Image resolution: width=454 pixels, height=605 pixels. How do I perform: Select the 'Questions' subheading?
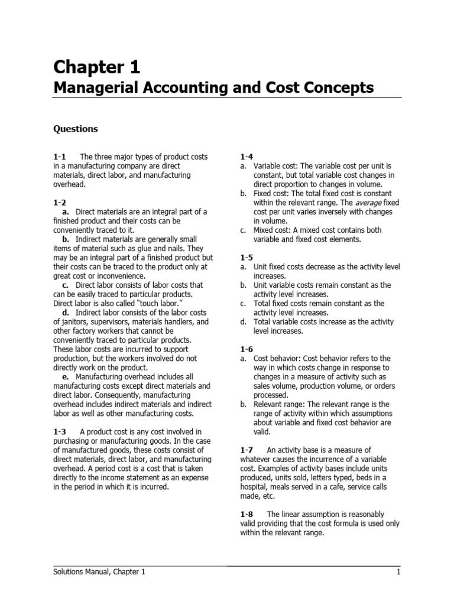click(76, 129)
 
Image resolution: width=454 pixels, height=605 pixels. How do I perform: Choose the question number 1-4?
click(247, 157)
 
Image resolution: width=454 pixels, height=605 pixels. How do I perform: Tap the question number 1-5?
click(247, 258)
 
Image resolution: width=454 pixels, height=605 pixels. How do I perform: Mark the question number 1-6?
click(247, 349)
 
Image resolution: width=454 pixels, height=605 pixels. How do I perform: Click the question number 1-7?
click(247, 450)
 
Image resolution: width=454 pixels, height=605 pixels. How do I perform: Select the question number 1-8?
click(247, 514)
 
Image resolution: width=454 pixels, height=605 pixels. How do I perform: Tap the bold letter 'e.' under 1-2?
click(65, 376)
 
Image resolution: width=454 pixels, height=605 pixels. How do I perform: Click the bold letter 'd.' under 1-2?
click(65, 313)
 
